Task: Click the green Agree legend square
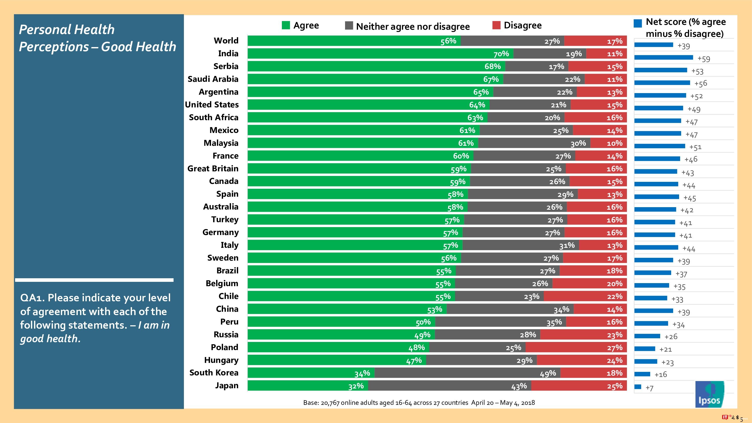(286, 25)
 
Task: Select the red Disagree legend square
(496, 25)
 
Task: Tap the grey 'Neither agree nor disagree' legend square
(349, 25)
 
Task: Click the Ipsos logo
(709, 394)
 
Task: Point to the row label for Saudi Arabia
(213, 79)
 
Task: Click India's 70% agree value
(501, 54)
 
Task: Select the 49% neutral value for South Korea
(548, 373)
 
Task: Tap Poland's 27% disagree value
(614, 348)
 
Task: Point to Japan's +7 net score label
(649, 388)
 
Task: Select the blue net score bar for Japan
(638, 387)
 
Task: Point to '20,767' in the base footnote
(330, 403)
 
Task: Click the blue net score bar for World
(654, 45)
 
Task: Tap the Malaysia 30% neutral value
(578, 143)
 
